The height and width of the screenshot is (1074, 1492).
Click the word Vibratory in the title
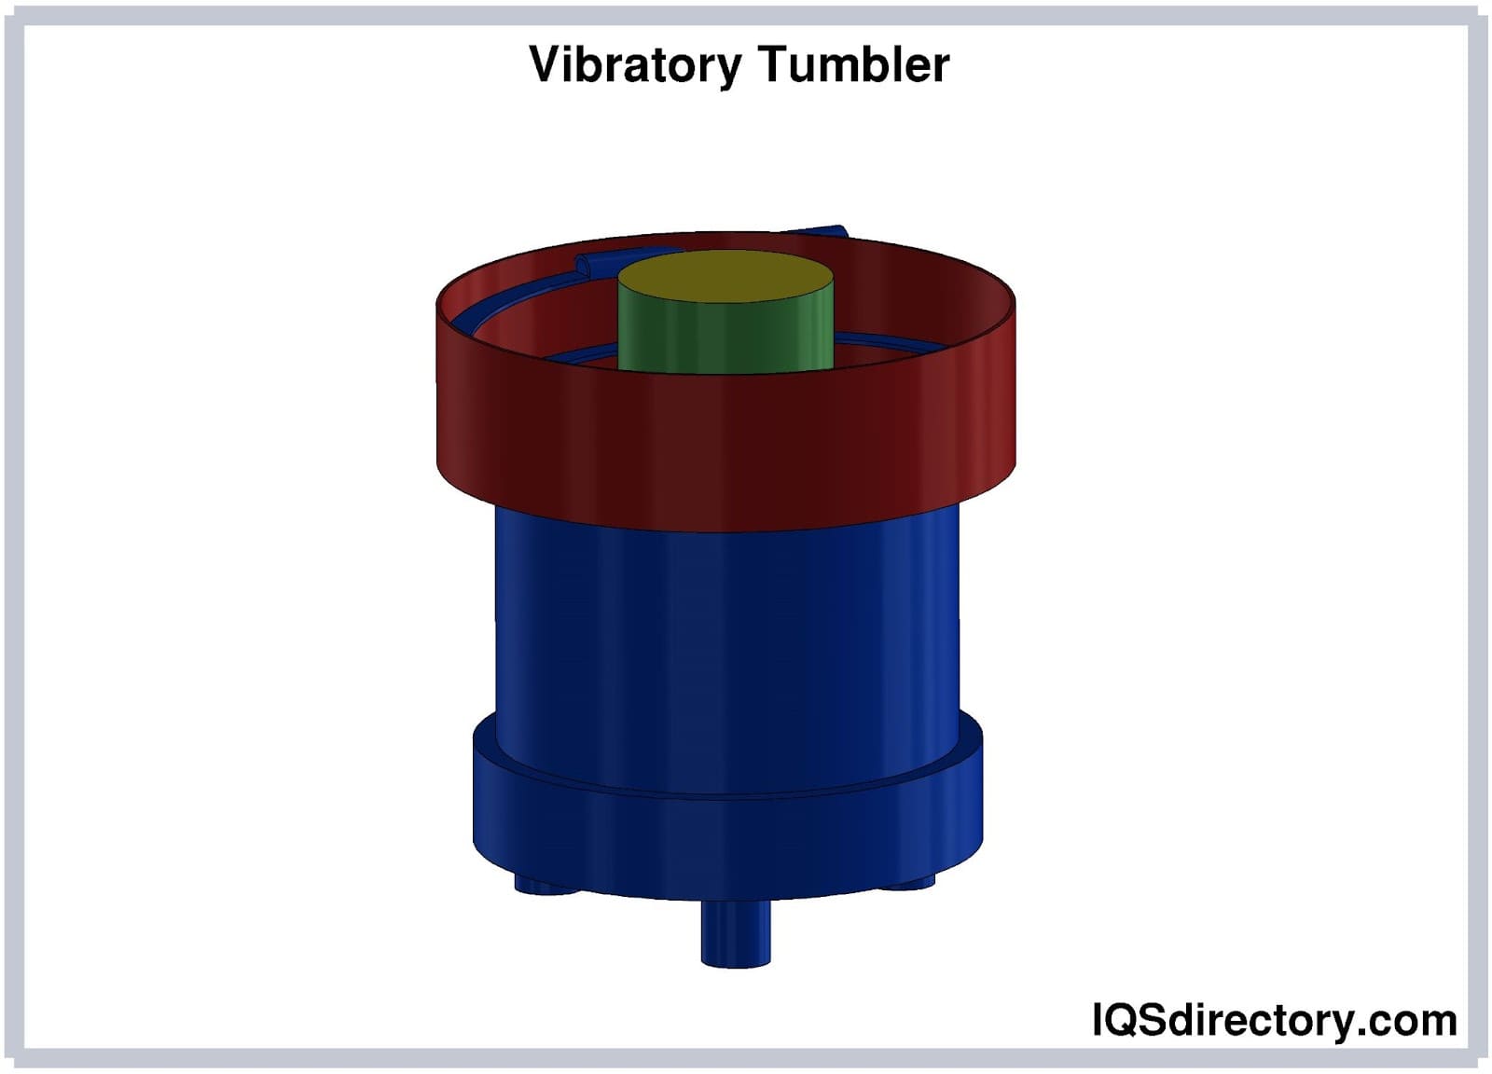point(634,65)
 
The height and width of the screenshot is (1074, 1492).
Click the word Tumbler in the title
point(854,64)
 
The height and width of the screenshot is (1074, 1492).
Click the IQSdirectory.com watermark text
point(1274,1019)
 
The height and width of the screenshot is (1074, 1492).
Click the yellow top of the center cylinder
point(725,276)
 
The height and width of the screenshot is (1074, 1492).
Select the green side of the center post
point(725,337)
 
